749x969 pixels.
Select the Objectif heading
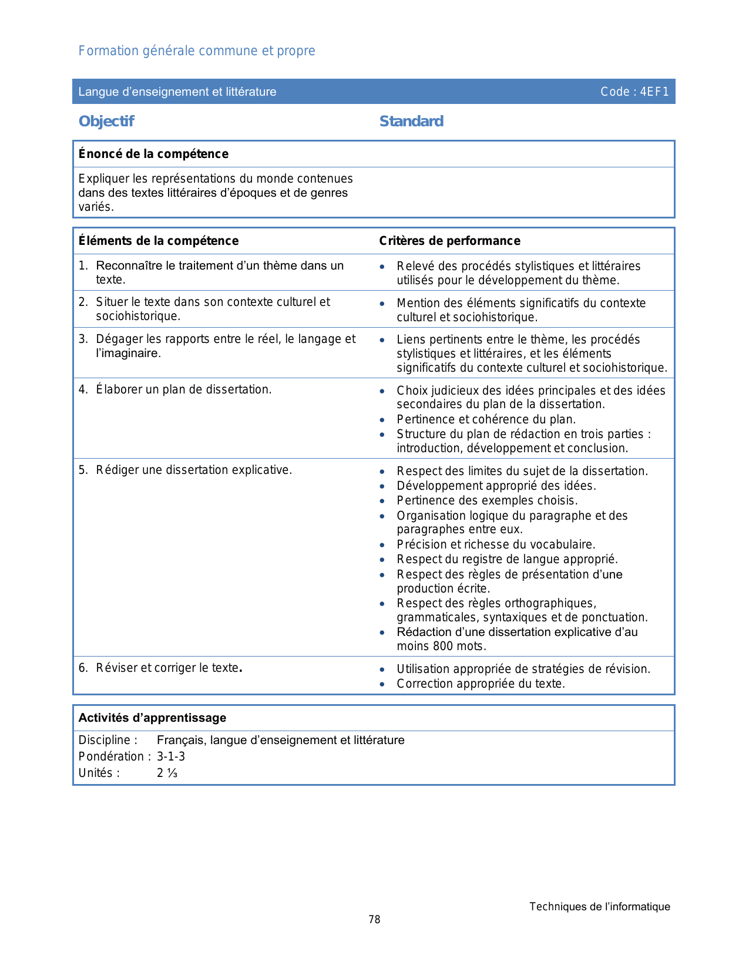(x=106, y=122)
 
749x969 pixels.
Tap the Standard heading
(x=411, y=122)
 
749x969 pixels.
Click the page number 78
(x=374, y=920)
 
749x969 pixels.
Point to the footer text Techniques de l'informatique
(x=599, y=907)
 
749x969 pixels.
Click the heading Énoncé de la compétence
(x=153, y=154)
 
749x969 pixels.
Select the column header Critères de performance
(x=449, y=241)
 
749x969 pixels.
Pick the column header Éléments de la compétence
(x=159, y=241)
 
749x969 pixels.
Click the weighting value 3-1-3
(x=171, y=756)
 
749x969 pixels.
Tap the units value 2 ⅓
(x=167, y=773)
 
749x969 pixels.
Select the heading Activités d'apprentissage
(x=152, y=718)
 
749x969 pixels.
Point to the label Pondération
(x=112, y=756)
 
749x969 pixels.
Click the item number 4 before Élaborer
(x=82, y=390)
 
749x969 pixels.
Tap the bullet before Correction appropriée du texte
(x=382, y=684)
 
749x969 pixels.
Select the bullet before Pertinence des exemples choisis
(x=382, y=501)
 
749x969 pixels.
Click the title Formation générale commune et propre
(x=197, y=51)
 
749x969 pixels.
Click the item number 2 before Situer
(x=82, y=302)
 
